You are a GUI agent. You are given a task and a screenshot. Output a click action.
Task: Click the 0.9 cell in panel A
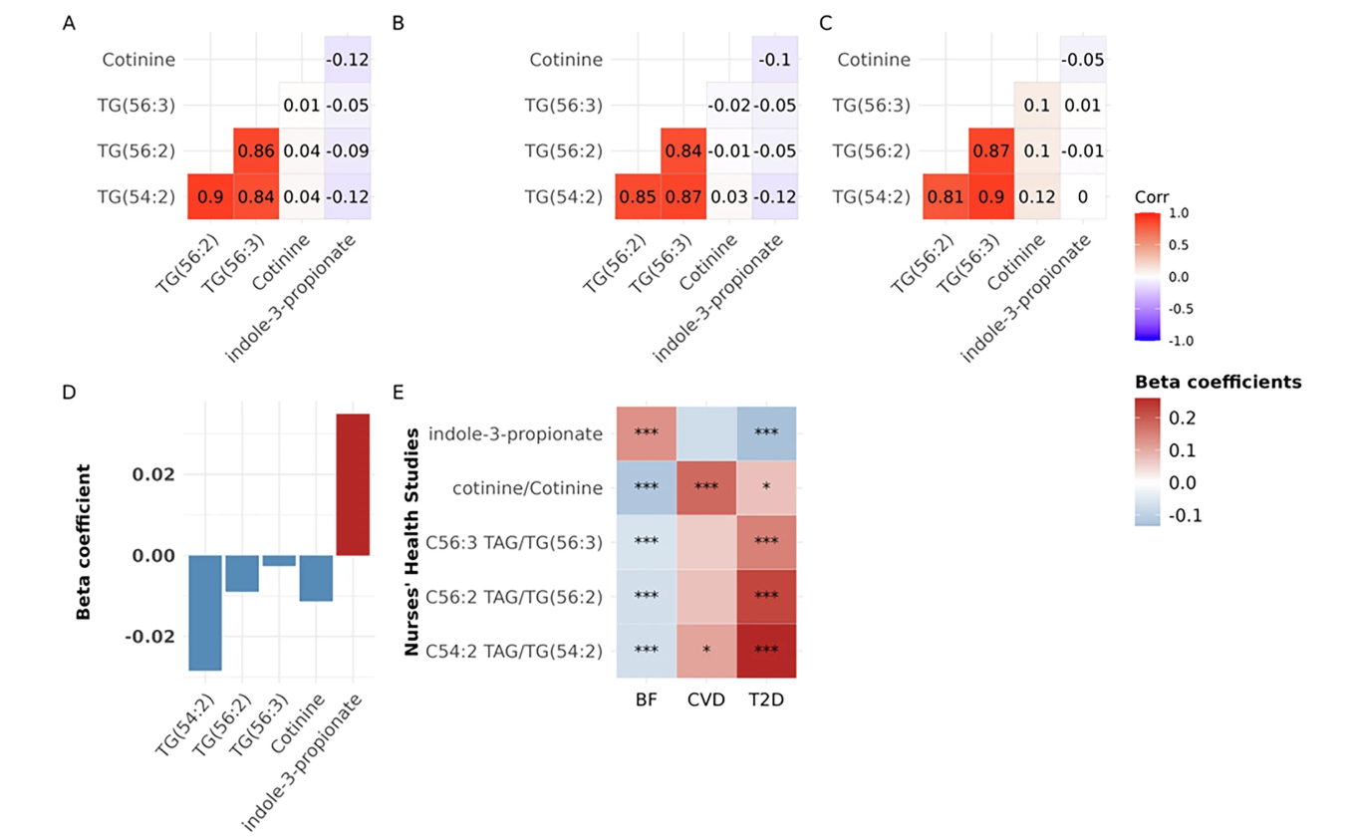pos(210,196)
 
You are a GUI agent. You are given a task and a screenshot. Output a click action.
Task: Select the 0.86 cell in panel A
pos(256,150)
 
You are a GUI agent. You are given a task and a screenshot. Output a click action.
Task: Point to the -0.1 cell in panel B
pos(774,60)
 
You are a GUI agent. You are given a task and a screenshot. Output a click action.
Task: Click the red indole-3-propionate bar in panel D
pos(353,484)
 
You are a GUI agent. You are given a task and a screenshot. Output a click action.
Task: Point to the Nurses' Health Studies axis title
pos(410,542)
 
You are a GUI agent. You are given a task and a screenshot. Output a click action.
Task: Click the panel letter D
pos(69,392)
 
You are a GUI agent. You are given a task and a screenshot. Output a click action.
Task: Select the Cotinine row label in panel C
pos(873,60)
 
